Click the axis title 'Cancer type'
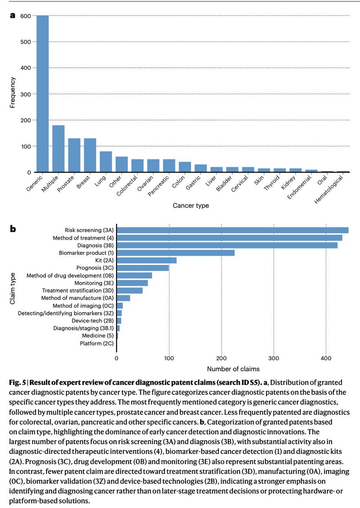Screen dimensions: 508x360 (191, 206)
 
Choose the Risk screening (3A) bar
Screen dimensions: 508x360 (233, 230)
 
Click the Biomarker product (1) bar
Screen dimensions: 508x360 (176, 253)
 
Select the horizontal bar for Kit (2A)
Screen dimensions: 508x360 (147, 260)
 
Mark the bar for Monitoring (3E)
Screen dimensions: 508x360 (133, 283)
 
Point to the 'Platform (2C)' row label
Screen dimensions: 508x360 (97, 343)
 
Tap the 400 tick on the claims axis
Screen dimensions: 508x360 (326, 358)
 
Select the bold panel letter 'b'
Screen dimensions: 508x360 (13, 229)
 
